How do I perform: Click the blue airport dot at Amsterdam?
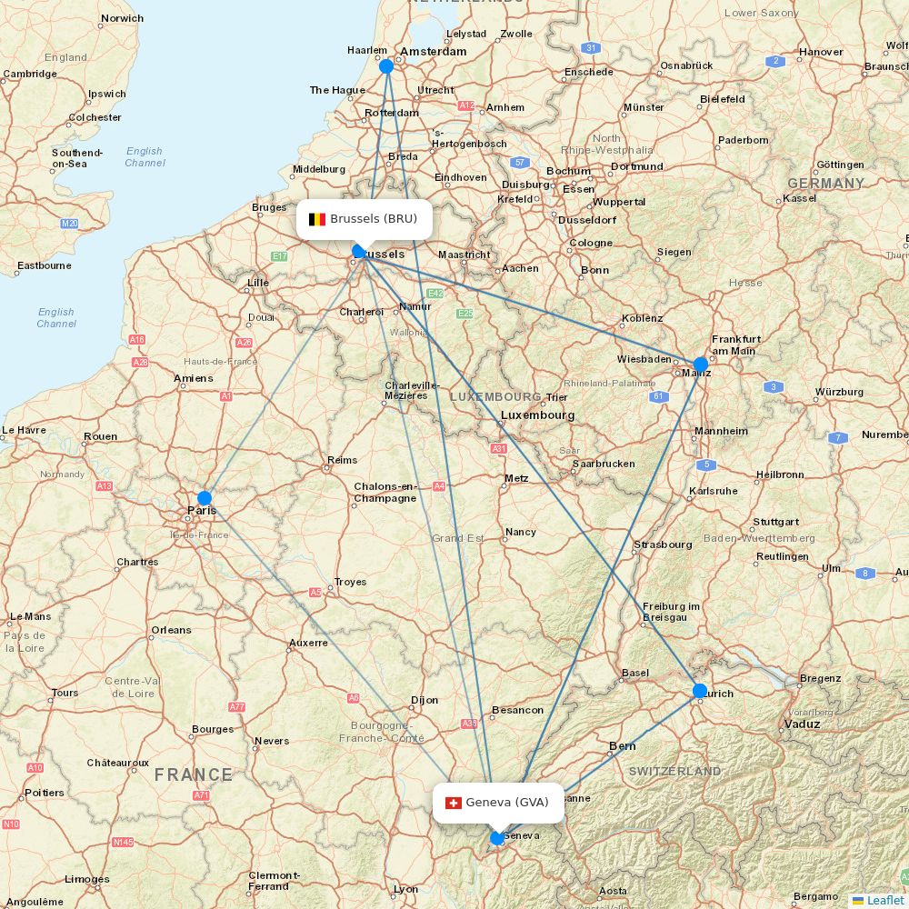coord(386,66)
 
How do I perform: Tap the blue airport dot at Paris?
coord(205,498)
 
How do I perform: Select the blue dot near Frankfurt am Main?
coord(701,364)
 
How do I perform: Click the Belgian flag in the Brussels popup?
coord(317,219)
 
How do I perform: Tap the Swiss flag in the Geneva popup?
coord(453,803)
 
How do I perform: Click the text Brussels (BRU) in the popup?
coord(374,219)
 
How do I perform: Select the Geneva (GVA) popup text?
coord(507,803)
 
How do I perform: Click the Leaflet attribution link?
coord(885,900)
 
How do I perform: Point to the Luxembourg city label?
coord(538,415)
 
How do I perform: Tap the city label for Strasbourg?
coord(663,544)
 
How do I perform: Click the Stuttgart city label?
coord(775,522)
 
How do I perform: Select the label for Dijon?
coord(424,700)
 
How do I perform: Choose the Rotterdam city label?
coord(392,113)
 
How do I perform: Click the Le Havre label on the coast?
coord(24,430)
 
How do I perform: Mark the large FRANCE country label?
coord(193,774)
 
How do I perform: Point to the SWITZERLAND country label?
coord(674,771)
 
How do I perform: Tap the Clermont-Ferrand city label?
coord(269,881)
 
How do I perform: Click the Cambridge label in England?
coord(30,74)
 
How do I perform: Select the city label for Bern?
coord(623,745)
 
